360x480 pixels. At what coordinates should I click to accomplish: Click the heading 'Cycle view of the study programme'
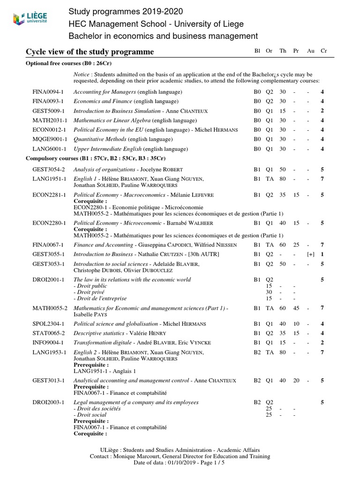[x=89, y=51]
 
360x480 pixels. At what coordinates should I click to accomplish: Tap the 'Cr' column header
[x=323, y=51]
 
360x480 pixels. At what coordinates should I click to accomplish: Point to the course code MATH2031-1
[x=48, y=120]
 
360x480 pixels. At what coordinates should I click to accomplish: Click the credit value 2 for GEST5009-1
[x=322, y=111]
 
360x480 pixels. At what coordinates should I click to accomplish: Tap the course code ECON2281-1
[x=49, y=195]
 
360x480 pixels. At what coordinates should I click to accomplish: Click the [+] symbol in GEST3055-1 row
[x=310, y=254]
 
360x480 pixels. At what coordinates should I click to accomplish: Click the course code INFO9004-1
[x=48, y=343]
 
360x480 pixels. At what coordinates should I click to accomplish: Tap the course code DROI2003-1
[x=48, y=402]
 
